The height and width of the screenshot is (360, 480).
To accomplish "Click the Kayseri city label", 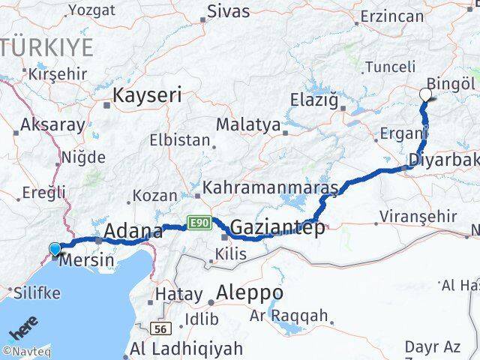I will click(x=148, y=95).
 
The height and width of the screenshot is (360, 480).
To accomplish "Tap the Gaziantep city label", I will click(x=277, y=227).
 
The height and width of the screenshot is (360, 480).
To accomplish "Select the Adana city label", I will click(x=133, y=230).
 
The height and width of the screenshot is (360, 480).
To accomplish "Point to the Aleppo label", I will click(x=249, y=292).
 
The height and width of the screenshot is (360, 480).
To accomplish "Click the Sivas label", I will click(x=228, y=10).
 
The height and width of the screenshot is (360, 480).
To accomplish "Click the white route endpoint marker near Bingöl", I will click(x=426, y=94).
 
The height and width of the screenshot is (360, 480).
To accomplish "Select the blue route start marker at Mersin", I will click(x=55, y=249).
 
